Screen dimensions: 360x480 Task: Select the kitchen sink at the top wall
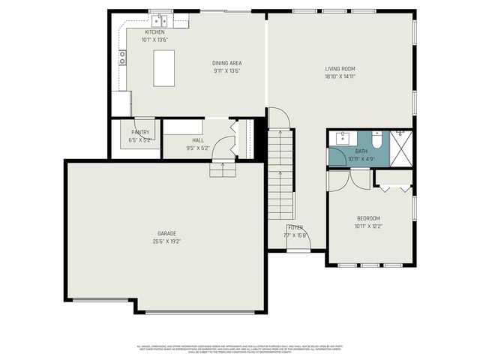tap(159, 20)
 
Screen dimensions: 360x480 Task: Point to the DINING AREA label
tap(226, 63)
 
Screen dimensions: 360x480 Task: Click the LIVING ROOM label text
tap(339, 69)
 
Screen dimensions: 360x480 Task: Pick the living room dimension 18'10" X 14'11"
tap(339, 76)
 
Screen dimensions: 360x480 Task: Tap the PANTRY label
tap(140, 132)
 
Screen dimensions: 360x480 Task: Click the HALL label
tap(198, 140)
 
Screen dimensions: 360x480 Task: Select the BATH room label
tap(361, 151)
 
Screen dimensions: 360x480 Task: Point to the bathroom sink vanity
tap(344, 138)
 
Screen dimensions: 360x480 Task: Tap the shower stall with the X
tap(403, 148)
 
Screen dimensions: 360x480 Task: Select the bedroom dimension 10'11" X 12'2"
tap(368, 226)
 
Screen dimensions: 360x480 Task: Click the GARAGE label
tap(166, 234)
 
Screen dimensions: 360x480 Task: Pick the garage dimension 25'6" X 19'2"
tap(166, 241)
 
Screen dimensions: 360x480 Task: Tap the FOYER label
tap(295, 227)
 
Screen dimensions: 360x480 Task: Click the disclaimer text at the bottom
tap(240, 349)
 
